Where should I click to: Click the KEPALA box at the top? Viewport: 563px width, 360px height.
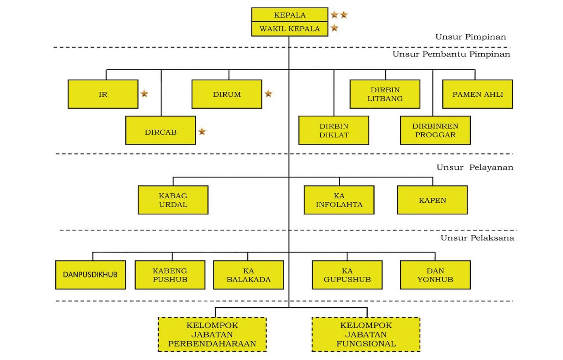click(289, 15)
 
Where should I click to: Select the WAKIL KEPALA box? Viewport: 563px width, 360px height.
click(289, 29)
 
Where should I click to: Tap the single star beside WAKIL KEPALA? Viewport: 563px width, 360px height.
click(334, 28)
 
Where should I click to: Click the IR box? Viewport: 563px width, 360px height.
click(103, 94)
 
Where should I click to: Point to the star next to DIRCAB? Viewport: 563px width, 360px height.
click(202, 131)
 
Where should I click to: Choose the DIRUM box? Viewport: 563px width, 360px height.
click(226, 94)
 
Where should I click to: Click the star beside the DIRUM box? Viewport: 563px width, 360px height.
click(268, 94)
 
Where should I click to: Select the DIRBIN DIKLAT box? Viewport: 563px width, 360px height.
click(333, 130)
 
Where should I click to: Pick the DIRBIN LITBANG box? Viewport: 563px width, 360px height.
click(385, 94)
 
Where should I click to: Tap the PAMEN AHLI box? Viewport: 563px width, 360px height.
click(477, 94)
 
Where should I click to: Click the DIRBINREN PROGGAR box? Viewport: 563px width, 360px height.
click(435, 130)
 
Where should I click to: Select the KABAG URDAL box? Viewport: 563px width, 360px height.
click(173, 200)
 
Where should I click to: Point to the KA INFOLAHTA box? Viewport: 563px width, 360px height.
click(339, 200)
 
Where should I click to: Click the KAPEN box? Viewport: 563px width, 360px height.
click(432, 200)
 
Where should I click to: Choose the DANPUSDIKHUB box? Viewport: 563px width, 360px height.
click(90, 275)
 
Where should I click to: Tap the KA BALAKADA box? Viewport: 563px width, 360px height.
click(248, 275)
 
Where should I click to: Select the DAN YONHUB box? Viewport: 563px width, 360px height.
click(435, 275)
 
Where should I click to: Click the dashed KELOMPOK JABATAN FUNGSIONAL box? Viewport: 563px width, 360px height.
click(366, 334)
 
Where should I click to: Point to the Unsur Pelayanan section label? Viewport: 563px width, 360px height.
click(475, 167)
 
